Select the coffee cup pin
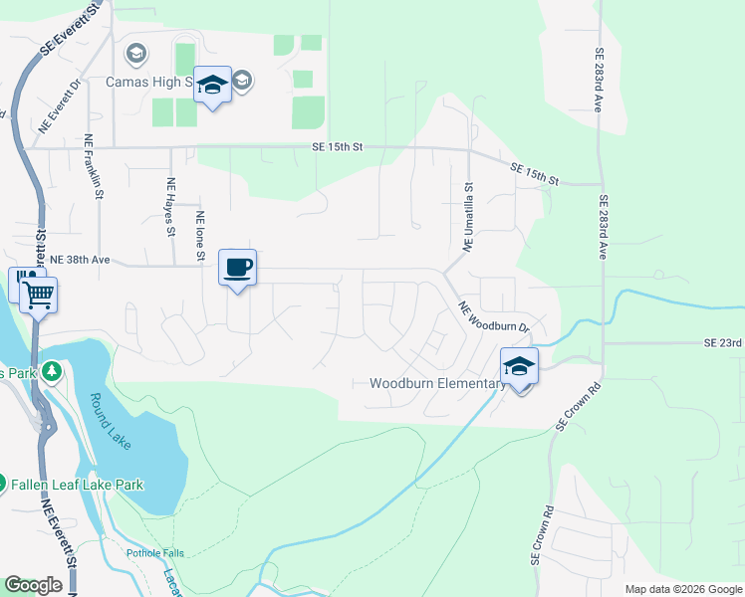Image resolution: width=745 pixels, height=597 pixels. (x=237, y=268)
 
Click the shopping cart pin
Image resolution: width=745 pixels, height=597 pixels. (x=39, y=294)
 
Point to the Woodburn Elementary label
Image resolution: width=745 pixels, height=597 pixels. (x=437, y=383)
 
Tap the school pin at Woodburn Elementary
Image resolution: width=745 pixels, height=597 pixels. (x=519, y=367)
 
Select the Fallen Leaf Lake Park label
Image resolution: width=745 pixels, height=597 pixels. (x=77, y=485)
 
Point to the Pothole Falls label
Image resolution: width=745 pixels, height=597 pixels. (x=156, y=552)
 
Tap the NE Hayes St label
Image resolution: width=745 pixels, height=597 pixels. (x=170, y=207)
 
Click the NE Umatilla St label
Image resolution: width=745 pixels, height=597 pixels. (x=467, y=215)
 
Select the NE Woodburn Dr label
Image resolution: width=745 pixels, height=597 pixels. (x=492, y=318)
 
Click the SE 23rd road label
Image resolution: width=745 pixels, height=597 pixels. (x=723, y=342)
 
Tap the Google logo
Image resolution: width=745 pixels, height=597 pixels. (x=33, y=585)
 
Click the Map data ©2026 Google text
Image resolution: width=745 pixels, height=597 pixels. (x=682, y=589)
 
